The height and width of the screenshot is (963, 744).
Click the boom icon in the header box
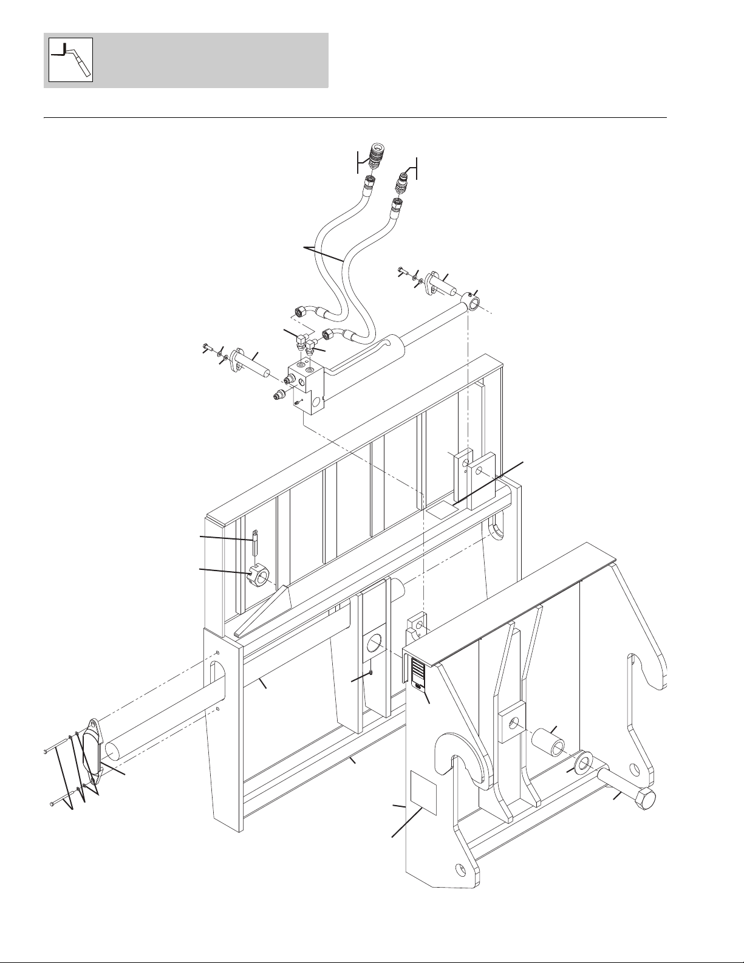click(70, 60)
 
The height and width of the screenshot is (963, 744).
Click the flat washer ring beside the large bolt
click(584, 760)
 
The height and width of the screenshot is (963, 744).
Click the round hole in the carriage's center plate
click(373, 643)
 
